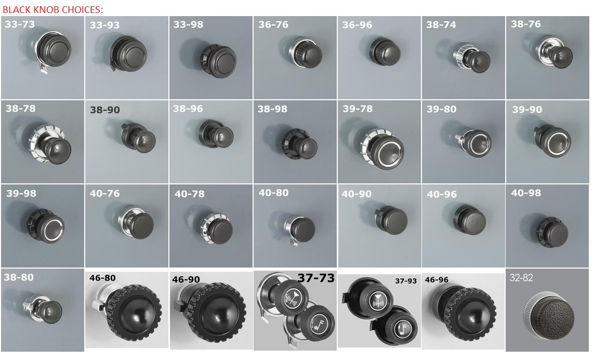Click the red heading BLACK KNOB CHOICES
point(52,9)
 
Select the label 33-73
point(20,24)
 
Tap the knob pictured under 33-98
point(219,61)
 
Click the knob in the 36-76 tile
point(306,52)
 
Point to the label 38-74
point(441,25)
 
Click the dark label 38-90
point(104,110)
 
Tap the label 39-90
point(527,110)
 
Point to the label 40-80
point(273,193)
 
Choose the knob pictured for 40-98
point(552,232)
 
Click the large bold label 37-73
point(316,278)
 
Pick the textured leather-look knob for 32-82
point(549,315)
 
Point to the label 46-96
point(437,280)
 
